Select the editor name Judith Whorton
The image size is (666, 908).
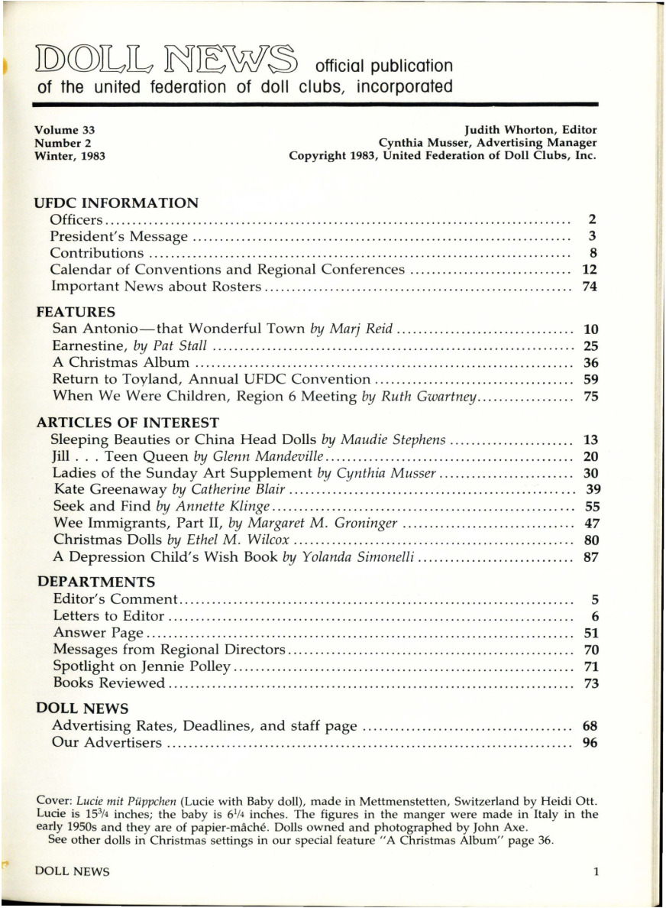[x=543, y=130]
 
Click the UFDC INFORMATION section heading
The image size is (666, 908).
[x=117, y=203]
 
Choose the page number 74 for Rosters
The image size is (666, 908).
[x=589, y=287]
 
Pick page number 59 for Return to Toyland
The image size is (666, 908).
[x=590, y=379]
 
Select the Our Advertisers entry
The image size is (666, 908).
[x=106, y=742]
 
